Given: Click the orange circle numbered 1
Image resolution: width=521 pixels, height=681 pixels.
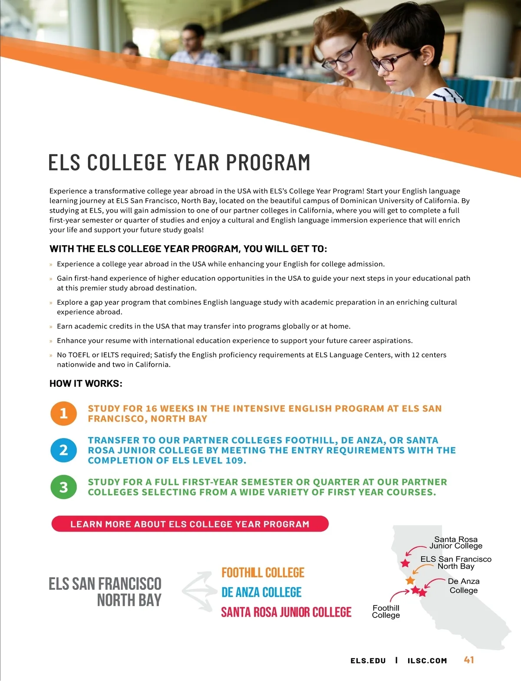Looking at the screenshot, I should (x=63, y=413).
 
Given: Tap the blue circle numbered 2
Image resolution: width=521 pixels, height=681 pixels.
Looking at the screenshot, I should (x=63, y=450).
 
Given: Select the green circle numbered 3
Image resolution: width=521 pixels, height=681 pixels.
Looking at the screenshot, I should (x=63, y=487).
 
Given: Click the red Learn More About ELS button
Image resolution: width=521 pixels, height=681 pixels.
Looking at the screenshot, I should (x=190, y=524).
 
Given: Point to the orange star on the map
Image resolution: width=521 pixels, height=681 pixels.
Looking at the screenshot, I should (x=410, y=580).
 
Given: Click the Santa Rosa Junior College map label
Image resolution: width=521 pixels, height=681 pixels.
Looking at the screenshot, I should (x=455, y=543).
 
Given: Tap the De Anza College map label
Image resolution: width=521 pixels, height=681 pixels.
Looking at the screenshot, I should (x=463, y=586).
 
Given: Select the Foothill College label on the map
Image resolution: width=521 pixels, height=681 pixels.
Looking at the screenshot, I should (x=386, y=612).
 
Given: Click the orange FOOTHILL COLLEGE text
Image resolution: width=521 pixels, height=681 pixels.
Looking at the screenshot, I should (x=263, y=572).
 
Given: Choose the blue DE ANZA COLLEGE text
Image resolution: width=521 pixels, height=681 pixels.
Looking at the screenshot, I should (x=261, y=592).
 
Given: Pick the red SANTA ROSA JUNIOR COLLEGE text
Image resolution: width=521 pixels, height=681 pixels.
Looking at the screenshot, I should (x=286, y=612).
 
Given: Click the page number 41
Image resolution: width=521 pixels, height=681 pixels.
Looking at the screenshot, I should (x=469, y=660).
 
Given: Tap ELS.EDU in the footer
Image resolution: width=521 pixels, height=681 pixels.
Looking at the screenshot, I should (x=368, y=661).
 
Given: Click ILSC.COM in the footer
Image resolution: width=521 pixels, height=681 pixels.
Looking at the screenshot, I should (x=427, y=661).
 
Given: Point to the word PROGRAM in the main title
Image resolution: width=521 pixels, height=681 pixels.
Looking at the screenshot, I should (x=268, y=163).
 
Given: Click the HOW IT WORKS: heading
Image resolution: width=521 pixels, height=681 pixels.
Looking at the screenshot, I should (x=86, y=384).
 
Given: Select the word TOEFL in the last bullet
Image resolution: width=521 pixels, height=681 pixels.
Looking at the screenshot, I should (x=79, y=355).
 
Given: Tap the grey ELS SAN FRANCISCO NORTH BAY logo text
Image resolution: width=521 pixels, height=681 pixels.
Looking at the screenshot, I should (x=105, y=592).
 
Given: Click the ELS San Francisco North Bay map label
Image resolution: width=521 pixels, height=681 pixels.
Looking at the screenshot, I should (x=455, y=563).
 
